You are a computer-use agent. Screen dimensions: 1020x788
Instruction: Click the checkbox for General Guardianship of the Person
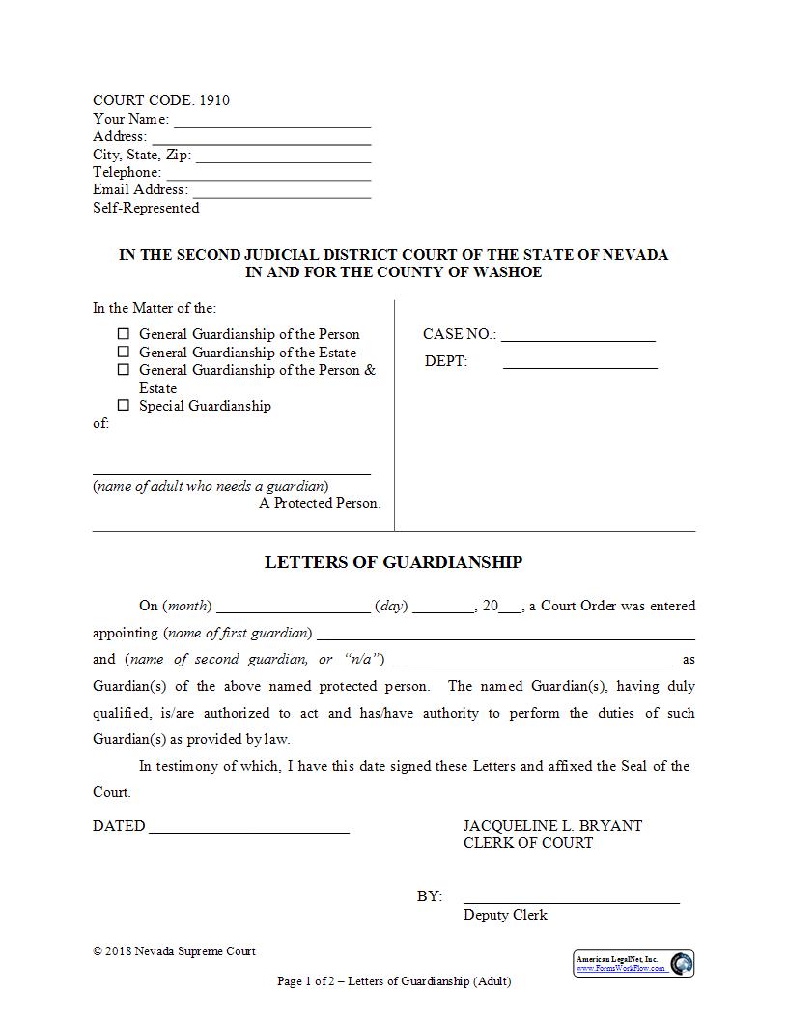click(x=124, y=334)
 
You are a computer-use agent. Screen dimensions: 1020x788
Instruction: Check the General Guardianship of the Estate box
click(x=124, y=353)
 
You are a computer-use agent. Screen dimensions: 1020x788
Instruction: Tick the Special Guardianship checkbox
click(x=124, y=406)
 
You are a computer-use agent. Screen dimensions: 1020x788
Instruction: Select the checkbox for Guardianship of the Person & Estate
click(x=124, y=370)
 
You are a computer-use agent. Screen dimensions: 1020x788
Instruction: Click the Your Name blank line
click(x=272, y=121)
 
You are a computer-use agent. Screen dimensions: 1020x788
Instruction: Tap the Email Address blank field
click(x=281, y=191)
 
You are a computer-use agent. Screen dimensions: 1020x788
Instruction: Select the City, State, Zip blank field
click(x=283, y=156)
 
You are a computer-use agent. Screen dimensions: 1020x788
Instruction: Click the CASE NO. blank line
click(x=577, y=336)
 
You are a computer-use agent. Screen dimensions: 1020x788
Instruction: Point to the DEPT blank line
click(x=579, y=363)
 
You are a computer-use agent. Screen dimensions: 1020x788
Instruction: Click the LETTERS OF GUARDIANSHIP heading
click(x=393, y=562)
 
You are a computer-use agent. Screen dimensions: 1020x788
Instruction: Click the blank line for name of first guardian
click(x=506, y=635)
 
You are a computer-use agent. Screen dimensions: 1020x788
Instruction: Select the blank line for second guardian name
click(x=533, y=662)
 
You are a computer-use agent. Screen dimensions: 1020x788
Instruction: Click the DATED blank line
click(x=249, y=828)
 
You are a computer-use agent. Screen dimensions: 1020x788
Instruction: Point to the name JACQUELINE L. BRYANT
click(x=552, y=826)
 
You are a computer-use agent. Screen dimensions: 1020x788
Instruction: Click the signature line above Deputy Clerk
click(x=571, y=898)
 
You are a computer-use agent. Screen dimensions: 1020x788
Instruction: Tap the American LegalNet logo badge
click(x=634, y=963)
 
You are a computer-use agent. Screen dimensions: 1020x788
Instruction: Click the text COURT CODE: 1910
click(x=161, y=100)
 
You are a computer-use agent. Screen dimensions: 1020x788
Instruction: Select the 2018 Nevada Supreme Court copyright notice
click(x=175, y=951)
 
